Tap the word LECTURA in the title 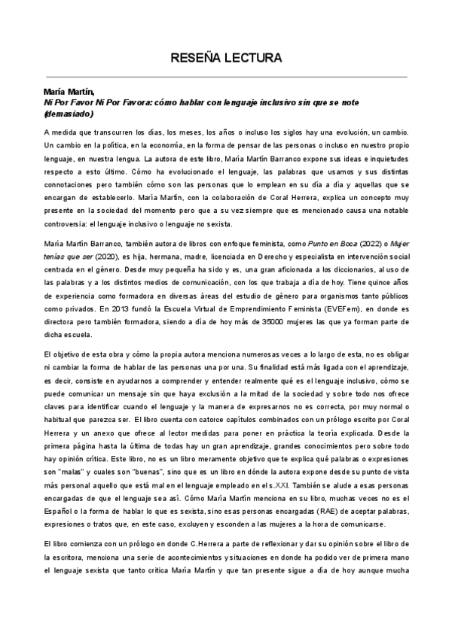pos(255,57)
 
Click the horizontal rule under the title pos(226,76)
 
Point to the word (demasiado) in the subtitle pos(69,114)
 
